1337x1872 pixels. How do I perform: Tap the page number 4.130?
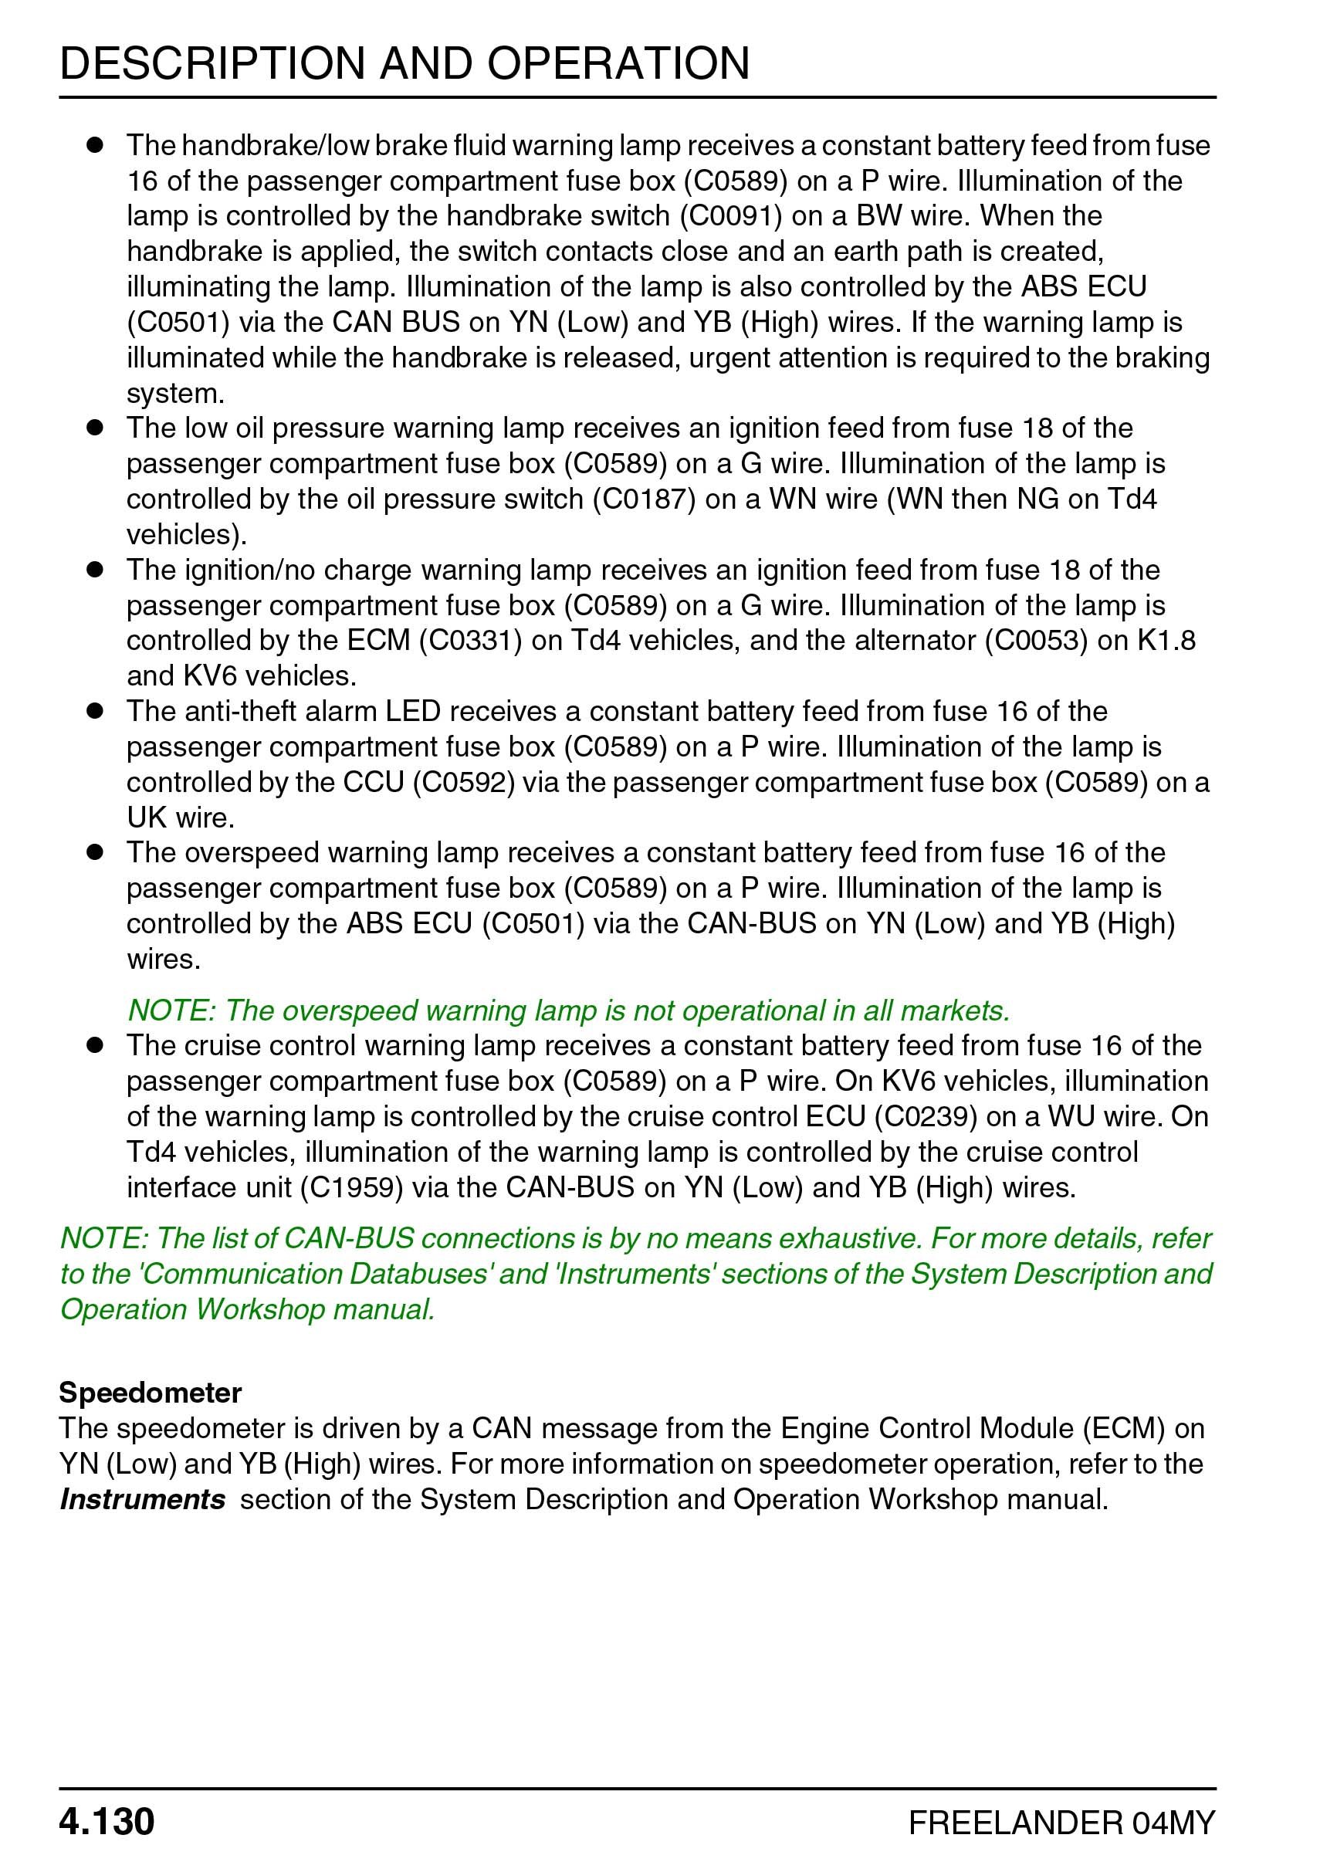tap(107, 1822)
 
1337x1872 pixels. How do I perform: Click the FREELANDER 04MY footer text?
tap(1061, 1823)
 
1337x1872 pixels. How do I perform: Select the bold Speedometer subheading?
tap(150, 1392)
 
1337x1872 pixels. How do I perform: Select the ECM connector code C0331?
tap(470, 641)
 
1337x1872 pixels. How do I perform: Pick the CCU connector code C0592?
tap(462, 782)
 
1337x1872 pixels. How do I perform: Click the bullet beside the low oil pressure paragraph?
tap(95, 428)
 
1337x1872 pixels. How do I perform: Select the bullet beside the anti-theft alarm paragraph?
tap(95, 711)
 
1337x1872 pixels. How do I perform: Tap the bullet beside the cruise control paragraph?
tap(95, 1045)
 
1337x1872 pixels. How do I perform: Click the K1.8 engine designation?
tap(1166, 641)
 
